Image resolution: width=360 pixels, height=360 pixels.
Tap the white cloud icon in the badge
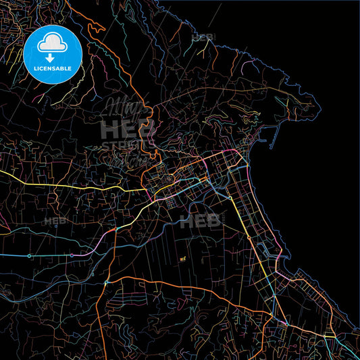coord(53,43)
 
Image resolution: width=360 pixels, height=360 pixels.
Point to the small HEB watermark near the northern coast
coord(203,37)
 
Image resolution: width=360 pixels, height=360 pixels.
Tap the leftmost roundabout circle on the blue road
coord(29,256)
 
